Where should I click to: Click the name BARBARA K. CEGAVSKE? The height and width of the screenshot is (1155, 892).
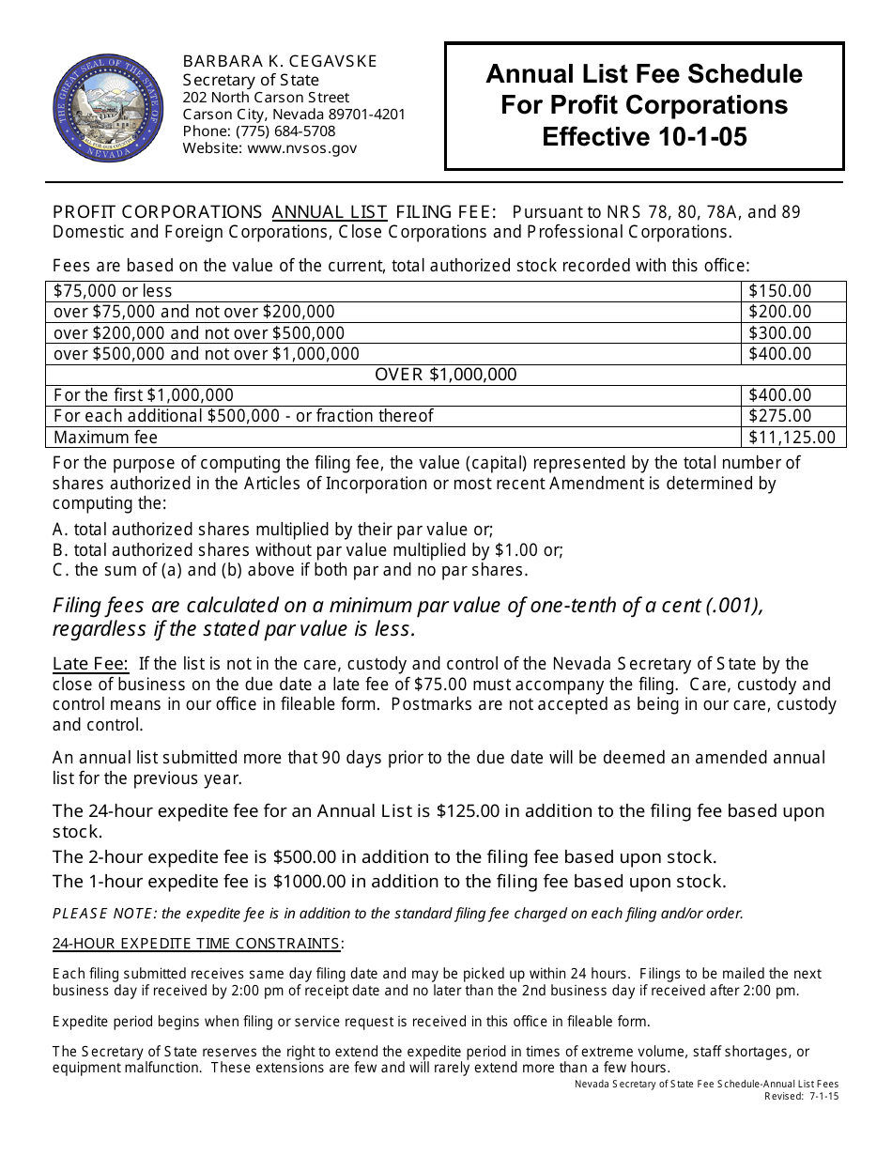(x=280, y=61)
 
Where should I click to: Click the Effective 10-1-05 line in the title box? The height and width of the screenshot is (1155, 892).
(x=644, y=137)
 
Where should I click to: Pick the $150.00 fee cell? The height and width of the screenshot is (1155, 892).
(x=779, y=291)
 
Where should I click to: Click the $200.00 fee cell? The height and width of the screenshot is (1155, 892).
(x=779, y=312)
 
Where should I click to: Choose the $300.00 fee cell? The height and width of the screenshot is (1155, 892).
(x=779, y=333)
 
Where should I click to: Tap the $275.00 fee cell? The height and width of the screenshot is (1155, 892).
(x=779, y=416)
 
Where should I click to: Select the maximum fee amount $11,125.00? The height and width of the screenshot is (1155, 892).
(x=791, y=438)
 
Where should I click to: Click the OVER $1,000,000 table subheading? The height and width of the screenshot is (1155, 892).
(x=446, y=375)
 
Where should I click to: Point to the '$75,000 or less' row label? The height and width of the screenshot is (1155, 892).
(x=113, y=291)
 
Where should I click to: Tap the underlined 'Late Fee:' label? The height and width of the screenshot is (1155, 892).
(x=91, y=664)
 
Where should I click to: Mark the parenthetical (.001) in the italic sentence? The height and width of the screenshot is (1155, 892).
(x=732, y=606)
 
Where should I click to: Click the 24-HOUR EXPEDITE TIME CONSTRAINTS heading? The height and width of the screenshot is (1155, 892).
(x=197, y=943)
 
